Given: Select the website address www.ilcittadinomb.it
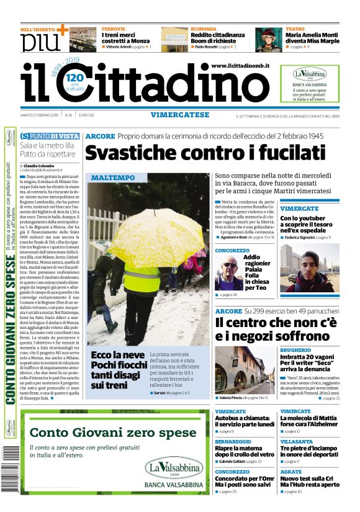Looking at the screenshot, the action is (x=240, y=66).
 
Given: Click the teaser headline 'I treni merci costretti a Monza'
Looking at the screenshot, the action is (x=126, y=38).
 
